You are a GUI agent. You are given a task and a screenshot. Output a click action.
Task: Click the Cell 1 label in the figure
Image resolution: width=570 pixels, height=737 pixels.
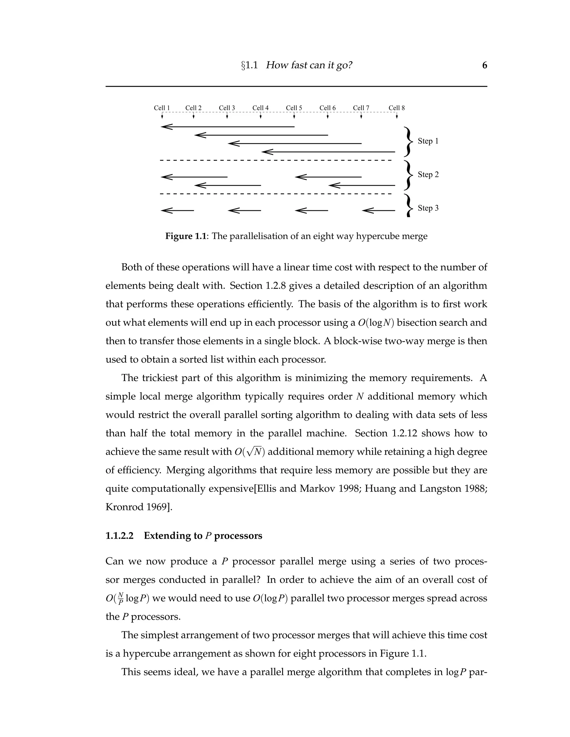[x=162, y=108]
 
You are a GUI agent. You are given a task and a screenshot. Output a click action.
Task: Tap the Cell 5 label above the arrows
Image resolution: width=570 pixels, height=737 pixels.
[x=294, y=108]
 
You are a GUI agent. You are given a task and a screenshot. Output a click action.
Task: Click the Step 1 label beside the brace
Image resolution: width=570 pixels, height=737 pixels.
[x=428, y=141]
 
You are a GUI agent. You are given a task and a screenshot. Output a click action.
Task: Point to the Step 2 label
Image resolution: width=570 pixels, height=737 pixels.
[x=428, y=174]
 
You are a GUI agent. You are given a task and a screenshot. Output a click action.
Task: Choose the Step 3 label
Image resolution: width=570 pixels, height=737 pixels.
[x=428, y=208]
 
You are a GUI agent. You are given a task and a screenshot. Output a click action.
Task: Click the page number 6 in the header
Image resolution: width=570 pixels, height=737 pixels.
[x=485, y=65]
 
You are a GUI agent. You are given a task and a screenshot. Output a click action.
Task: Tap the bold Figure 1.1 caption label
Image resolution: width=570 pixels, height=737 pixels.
[x=185, y=236]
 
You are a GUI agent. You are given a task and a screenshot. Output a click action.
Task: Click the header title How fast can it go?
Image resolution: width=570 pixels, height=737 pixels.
[x=309, y=65]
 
